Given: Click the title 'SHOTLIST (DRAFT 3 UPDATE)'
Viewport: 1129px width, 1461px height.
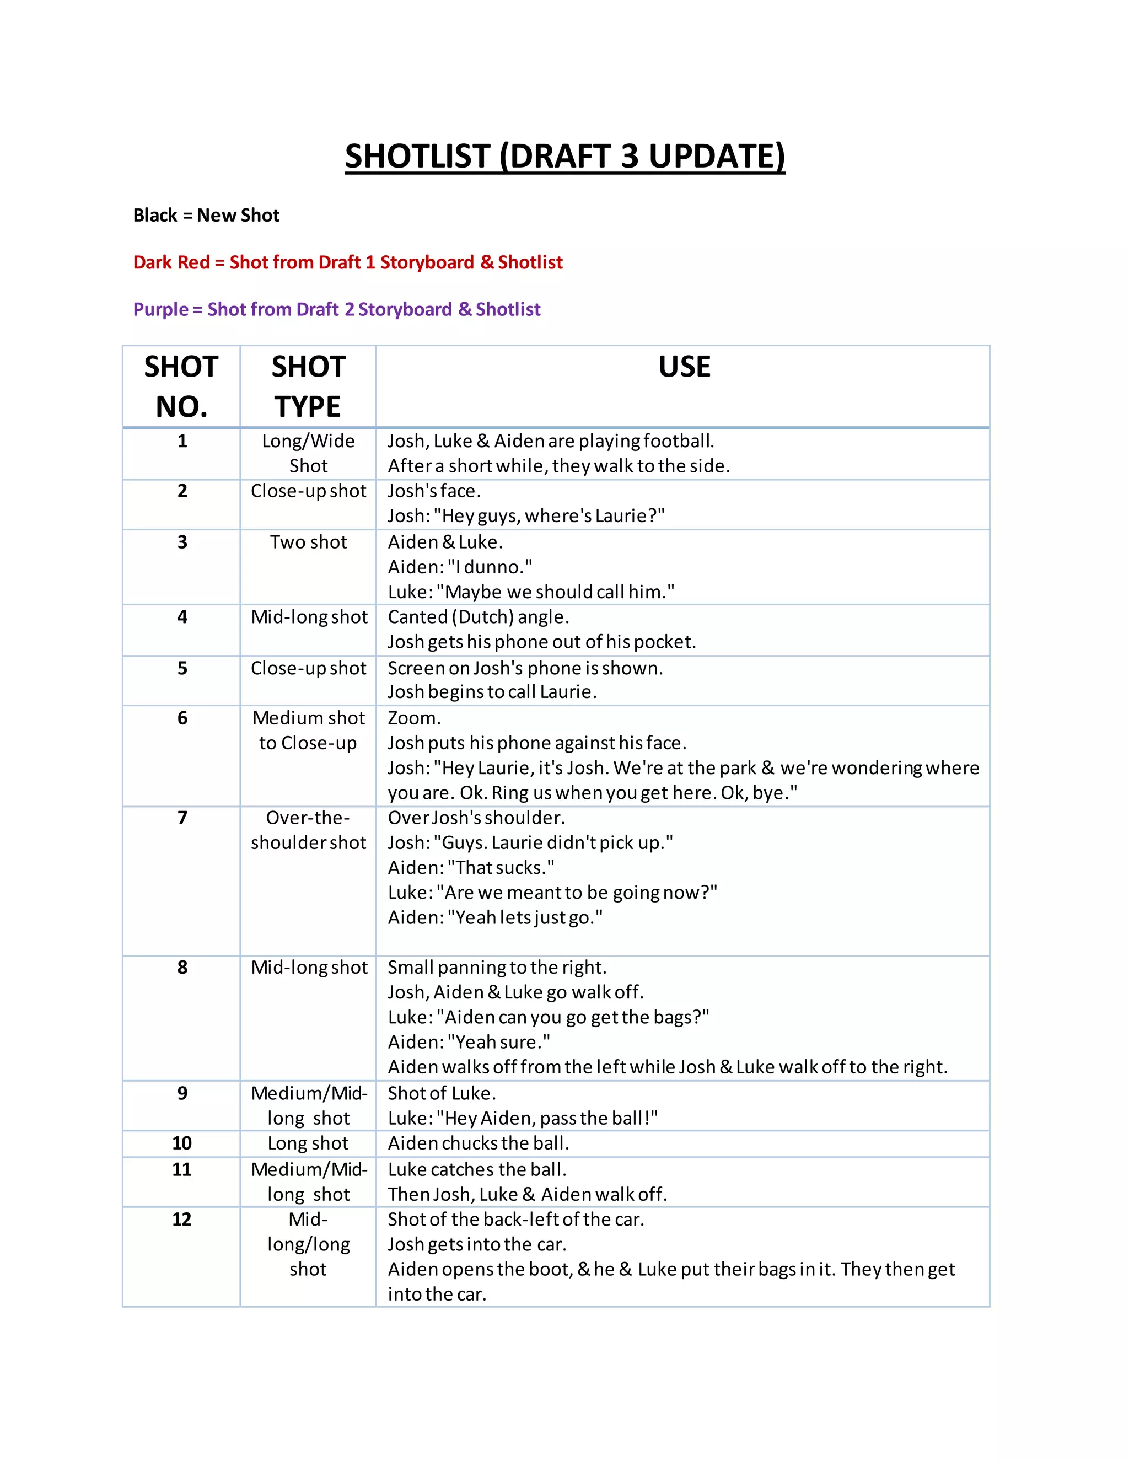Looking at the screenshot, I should pyautogui.click(x=564, y=156).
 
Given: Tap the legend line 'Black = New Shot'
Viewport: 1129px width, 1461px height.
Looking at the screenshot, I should pyautogui.click(x=206, y=216).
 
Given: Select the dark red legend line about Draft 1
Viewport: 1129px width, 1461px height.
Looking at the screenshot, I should pyautogui.click(x=348, y=262).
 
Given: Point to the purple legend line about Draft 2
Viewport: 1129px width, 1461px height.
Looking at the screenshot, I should pyautogui.click(x=336, y=309).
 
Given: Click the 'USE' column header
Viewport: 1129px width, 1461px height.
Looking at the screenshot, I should pyautogui.click(x=684, y=367).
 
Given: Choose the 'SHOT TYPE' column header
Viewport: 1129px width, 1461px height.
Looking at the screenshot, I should pyautogui.click(x=308, y=386).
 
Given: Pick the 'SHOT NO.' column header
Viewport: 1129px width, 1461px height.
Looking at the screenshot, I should pyautogui.click(x=181, y=386).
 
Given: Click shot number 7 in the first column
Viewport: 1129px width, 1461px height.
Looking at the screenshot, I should pyautogui.click(x=182, y=818).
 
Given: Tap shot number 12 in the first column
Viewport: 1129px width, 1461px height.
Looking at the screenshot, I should pyautogui.click(x=182, y=1219).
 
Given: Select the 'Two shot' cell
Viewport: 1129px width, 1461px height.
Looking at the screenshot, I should pyautogui.click(x=308, y=542).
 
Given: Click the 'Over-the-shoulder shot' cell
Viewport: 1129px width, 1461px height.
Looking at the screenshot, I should pyautogui.click(x=308, y=830).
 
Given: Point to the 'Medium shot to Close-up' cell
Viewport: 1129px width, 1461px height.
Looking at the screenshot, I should pyautogui.click(x=308, y=730).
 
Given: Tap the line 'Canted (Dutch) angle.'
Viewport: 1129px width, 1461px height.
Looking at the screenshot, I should pyautogui.click(x=478, y=617).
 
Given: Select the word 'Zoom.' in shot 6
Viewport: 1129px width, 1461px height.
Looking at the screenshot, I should pyautogui.click(x=414, y=718).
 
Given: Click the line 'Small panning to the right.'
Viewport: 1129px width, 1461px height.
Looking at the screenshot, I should pyautogui.click(x=497, y=968).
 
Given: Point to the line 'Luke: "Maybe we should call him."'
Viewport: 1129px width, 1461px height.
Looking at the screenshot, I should pyautogui.click(x=530, y=592).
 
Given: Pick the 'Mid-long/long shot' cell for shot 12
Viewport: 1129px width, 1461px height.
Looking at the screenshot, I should pyautogui.click(x=308, y=1244).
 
